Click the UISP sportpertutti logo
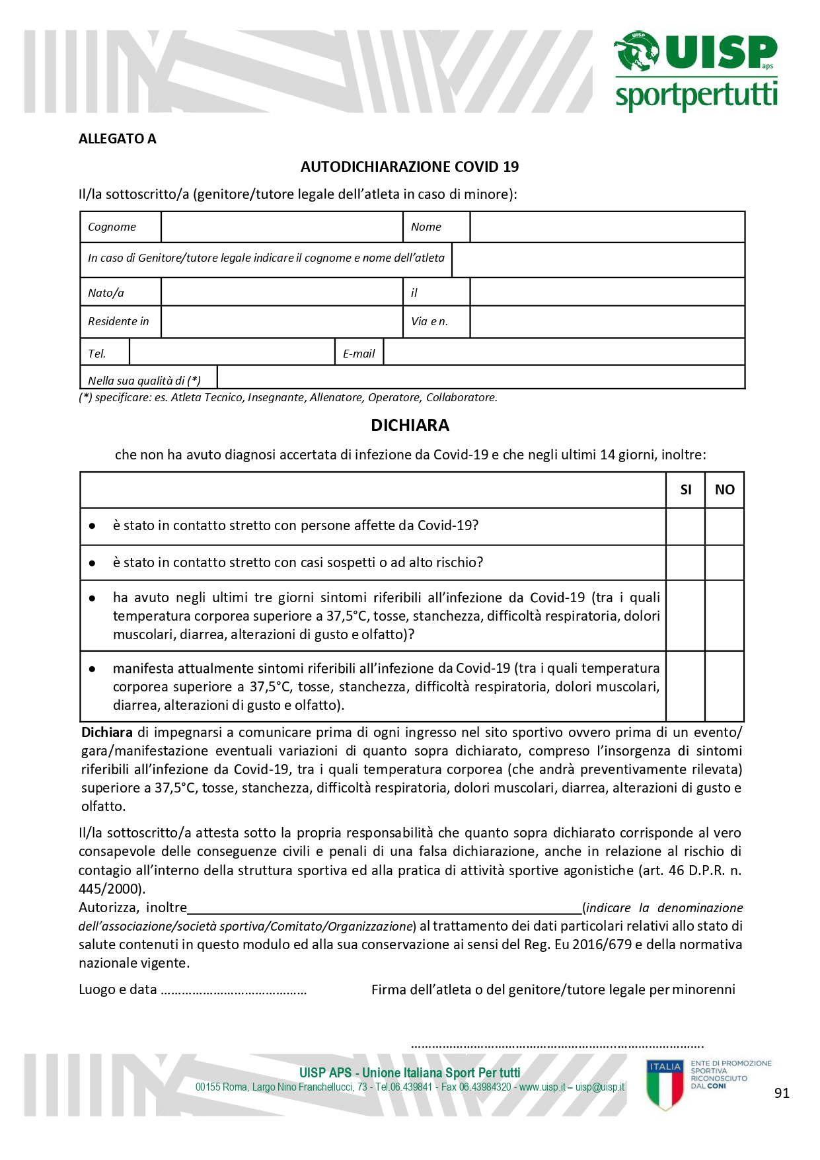tap(696, 71)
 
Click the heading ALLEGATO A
tap(118, 139)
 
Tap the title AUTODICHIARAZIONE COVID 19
tap(410, 167)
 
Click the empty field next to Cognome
tap(281, 227)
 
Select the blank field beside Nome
tap(607, 227)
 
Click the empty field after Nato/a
tap(281, 292)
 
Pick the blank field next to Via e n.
tap(607, 321)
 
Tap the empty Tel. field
tap(232, 352)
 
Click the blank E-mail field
tap(564, 352)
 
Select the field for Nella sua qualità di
tap(480, 378)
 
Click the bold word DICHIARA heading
tap(410, 425)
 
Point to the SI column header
tap(686, 490)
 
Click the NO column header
tap(724, 490)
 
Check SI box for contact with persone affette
tap(686, 526)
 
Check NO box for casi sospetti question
tap(724, 562)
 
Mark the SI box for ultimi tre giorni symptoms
tap(686, 615)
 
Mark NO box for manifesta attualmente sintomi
tap(724, 686)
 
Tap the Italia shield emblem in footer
tap(665, 1084)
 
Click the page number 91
tap(782, 1093)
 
